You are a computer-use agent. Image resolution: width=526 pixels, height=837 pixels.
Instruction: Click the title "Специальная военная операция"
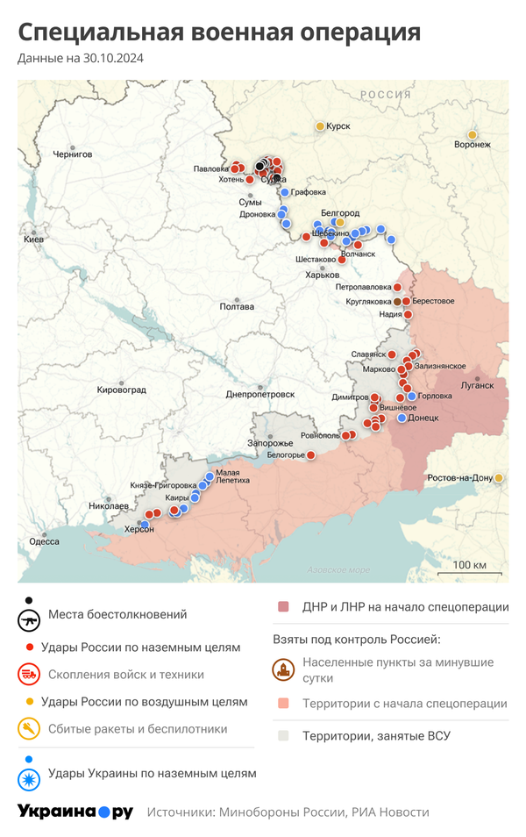click(219, 33)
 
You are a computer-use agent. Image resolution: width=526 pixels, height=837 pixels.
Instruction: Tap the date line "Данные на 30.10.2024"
click(81, 59)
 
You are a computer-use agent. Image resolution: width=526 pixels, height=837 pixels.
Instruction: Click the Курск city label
click(338, 126)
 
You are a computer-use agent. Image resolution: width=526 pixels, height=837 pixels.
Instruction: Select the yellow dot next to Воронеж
click(473, 134)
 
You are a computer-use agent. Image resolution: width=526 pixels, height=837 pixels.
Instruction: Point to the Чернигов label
click(72, 154)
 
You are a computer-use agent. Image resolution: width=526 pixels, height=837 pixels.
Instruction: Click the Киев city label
click(33, 239)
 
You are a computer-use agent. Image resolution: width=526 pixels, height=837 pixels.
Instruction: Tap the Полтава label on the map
click(237, 306)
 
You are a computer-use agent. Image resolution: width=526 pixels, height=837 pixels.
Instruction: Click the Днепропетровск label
click(259, 394)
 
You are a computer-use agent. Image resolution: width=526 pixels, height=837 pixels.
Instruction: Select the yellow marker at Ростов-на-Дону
click(499, 477)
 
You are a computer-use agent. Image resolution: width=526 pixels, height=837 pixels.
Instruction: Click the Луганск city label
click(478, 385)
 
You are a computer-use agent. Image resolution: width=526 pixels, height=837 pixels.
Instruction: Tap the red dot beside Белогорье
click(309, 454)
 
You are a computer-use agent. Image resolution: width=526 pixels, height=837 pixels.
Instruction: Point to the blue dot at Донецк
click(402, 418)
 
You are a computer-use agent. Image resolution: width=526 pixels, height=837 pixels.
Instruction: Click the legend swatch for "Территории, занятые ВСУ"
click(283, 735)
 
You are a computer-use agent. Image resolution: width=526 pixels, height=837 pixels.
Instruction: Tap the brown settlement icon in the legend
click(283, 670)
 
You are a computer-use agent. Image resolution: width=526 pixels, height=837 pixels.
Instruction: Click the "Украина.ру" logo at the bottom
click(75, 812)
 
